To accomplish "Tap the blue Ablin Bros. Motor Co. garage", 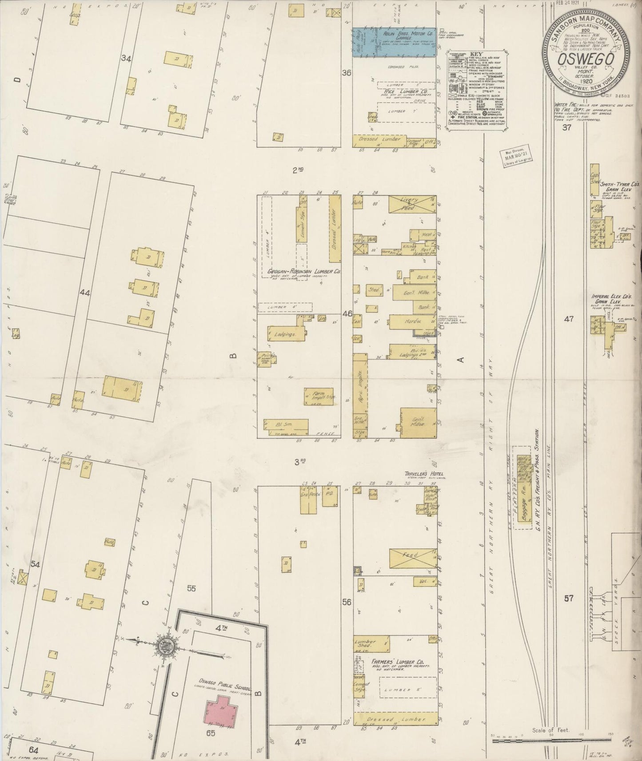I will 393,43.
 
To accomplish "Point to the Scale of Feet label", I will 551,730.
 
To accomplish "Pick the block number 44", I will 84,293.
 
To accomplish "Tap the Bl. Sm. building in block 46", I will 286,425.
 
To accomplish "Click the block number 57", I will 569,598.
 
